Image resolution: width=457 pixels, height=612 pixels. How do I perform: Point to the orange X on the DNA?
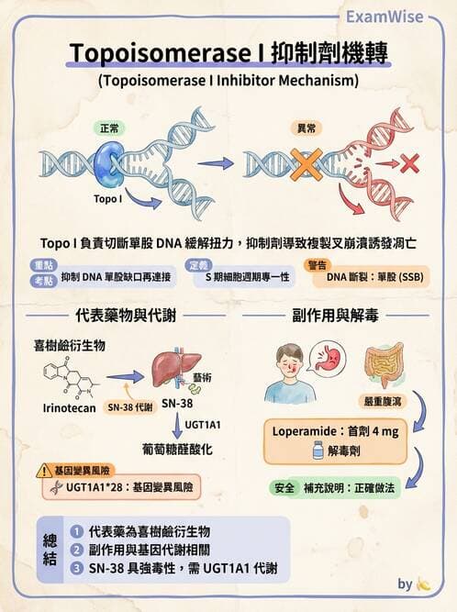pyautogui.click(x=306, y=165)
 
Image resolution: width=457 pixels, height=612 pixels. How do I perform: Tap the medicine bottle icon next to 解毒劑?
pyautogui.click(x=317, y=451)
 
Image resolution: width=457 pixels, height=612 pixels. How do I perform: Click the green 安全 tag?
pyautogui.click(x=284, y=488)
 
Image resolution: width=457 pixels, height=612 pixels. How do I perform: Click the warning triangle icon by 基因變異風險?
pyautogui.click(x=43, y=471)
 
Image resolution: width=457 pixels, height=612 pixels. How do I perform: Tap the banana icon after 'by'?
pyautogui.click(x=423, y=584)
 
